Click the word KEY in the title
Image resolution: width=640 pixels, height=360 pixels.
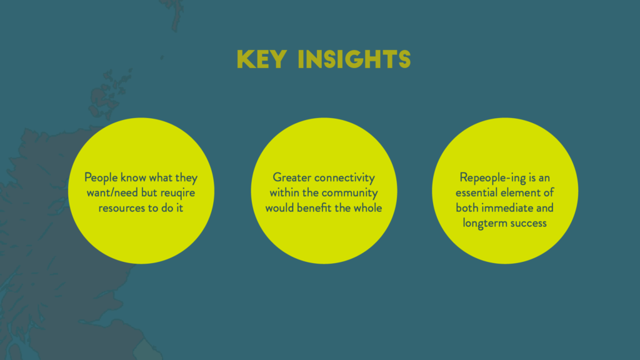262,59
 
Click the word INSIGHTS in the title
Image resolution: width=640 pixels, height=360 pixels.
354,59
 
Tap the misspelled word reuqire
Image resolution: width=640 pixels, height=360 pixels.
177,193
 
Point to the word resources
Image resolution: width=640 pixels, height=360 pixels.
122,208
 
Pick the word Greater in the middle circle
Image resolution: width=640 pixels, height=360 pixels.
291,177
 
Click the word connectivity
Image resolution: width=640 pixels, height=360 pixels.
344,178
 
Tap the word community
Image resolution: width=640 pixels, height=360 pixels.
349,193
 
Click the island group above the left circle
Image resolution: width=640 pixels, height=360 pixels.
107,93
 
